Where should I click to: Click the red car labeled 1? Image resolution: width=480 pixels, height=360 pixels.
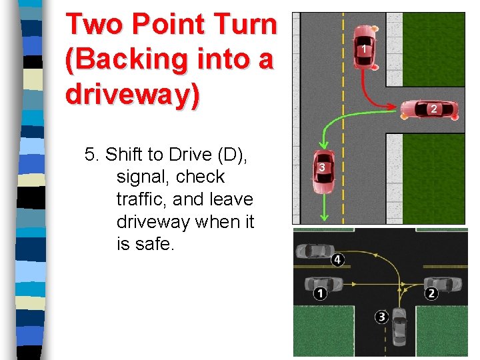364,47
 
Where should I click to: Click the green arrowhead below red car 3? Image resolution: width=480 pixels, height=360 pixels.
325,215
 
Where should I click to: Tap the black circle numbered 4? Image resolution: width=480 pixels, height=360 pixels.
338,259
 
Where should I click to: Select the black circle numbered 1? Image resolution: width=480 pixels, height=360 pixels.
321,293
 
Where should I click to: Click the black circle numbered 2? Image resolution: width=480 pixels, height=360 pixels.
431,293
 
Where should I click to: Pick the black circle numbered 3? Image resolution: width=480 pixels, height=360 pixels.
382,317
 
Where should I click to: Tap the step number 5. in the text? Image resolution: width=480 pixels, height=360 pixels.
92,155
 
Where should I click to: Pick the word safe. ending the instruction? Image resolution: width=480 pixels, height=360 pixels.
154,244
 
